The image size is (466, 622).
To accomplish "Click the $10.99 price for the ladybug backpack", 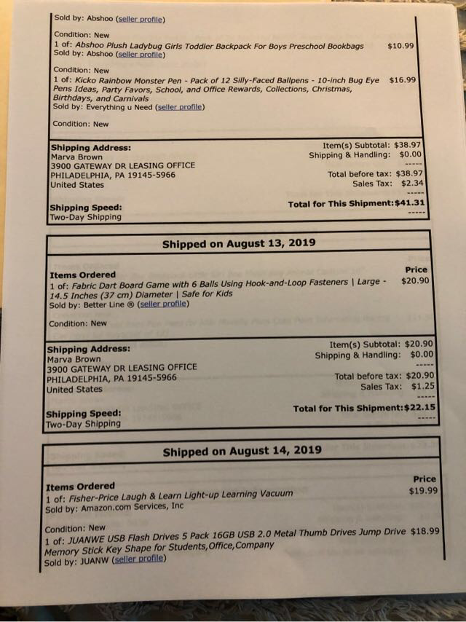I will click(401, 45).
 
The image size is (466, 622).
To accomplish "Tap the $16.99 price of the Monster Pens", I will click(403, 80).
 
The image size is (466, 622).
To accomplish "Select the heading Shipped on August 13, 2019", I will click(238, 244).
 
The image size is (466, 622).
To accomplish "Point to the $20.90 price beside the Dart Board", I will click(415, 280).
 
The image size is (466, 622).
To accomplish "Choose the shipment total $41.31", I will click(410, 203).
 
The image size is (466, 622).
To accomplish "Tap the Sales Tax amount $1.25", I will click(423, 387).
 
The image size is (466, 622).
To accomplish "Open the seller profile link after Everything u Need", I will click(181, 107).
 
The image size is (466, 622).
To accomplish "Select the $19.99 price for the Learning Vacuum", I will click(424, 491).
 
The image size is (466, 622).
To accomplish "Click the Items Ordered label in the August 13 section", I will click(82, 275).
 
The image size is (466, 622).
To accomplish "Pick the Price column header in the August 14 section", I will click(424, 479).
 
